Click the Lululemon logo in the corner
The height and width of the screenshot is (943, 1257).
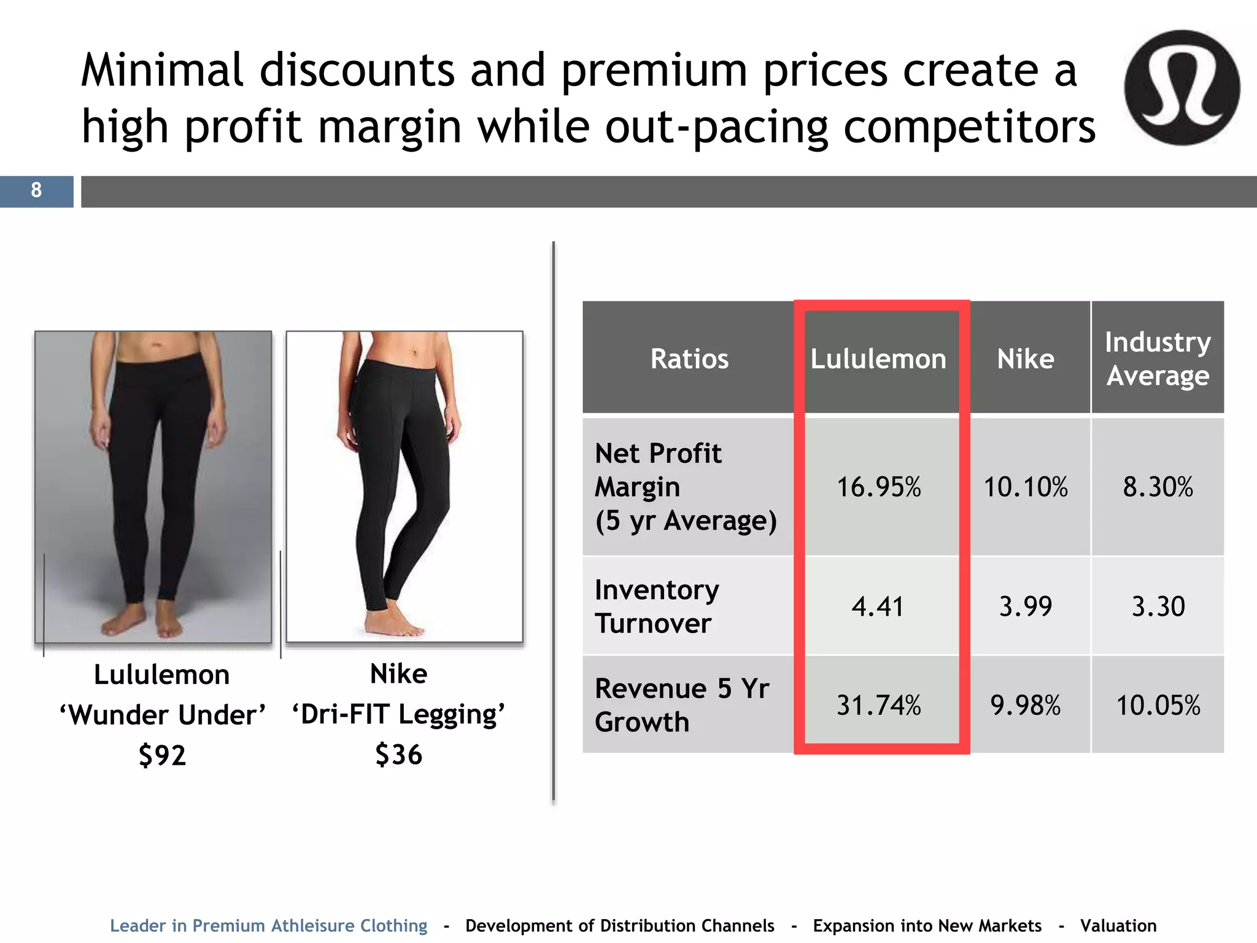[x=1182, y=88]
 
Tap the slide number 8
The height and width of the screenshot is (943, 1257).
[x=36, y=190]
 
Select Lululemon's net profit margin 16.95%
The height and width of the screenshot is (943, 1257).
[x=879, y=487]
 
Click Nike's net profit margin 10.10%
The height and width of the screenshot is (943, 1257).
[x=1026, y=487]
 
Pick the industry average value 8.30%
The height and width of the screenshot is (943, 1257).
[x=1158, y=487]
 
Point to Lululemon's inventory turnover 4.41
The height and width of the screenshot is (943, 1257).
[x=878, y=607]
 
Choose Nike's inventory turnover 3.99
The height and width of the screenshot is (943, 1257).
[x=1026, y=607]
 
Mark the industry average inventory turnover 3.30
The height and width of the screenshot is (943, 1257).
[x=1158, y=607]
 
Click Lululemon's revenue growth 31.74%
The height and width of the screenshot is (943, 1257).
[x=879, y=705]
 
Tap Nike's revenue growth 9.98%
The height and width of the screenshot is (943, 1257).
[x=1026, y=705]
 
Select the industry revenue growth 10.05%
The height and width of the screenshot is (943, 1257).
[x=1158, y=705]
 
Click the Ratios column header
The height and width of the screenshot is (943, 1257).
[x=689, y=359]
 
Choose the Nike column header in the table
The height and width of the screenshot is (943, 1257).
[x=1026, y=359]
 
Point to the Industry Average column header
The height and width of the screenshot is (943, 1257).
[x=1158, y=359]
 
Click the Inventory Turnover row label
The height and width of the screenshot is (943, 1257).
[x=657, y=607]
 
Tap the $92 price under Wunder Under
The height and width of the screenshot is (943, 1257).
[x=162, y=755]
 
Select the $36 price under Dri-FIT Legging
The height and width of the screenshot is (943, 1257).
[x=399, y=755]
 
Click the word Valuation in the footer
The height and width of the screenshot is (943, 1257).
[x=1118, y=925]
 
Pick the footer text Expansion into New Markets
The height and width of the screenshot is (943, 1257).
[x=927, y=925]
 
